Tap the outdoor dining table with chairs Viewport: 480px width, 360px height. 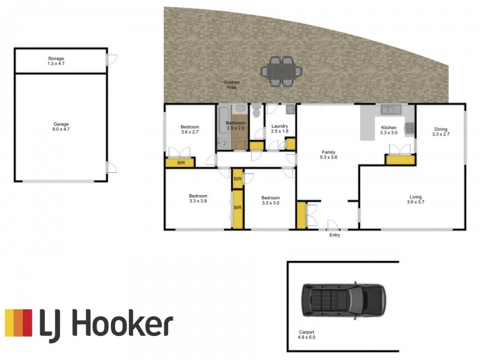pyautogui.click(x=281, y=70)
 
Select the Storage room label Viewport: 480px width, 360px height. pyautogui.click(x=56, y=61)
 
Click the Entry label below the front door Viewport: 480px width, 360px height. pyautogui.click(x=334, y=235)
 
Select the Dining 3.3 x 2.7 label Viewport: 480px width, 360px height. pyautogui.click(x=440, y=131)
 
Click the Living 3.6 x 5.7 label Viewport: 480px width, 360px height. pyautogui.click(x=416, y=200)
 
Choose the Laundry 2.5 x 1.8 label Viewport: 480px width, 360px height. pyautogui.click(x=280, y=128)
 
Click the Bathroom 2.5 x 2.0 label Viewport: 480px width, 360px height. pyautogui.click(x=235, y=125)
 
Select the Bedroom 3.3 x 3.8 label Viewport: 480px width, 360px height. pyautogui.click(x=197, y=199)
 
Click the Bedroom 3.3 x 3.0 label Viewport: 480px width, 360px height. pyautogui.click(x=270, y=200)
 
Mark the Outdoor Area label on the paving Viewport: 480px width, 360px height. pyautogui.click(x=231, y=85)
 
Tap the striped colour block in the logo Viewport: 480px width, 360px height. pyautogui.click(x=18, y=323)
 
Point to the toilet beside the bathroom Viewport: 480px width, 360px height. pyautogui.click(x=256, y=110)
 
